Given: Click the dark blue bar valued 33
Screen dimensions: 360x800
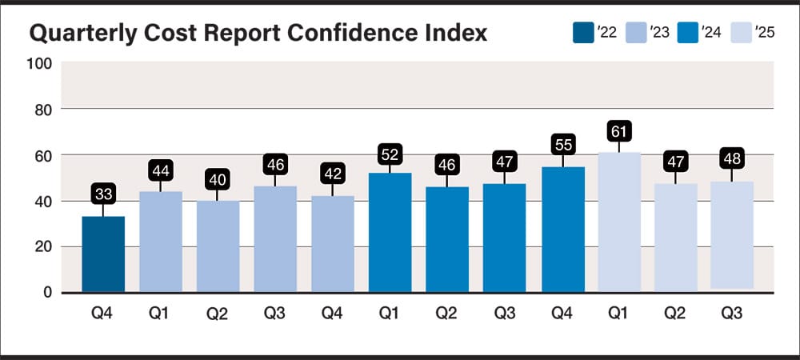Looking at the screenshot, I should (103, 254).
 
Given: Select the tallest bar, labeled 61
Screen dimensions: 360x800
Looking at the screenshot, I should (618, 222).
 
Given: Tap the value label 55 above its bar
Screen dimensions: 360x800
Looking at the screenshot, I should (562, 145).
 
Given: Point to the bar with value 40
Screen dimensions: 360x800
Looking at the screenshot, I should (218, 246).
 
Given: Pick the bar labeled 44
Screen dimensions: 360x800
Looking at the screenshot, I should (161, 241).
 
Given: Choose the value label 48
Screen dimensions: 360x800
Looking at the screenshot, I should (732, 157).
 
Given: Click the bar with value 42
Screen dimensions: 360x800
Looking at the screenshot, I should (333, 243).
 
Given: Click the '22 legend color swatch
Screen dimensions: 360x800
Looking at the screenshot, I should (583, 33).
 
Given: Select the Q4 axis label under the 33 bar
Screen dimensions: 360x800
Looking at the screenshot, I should (103, 312).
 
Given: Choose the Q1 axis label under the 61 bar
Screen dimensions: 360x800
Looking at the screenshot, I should (618, 312).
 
